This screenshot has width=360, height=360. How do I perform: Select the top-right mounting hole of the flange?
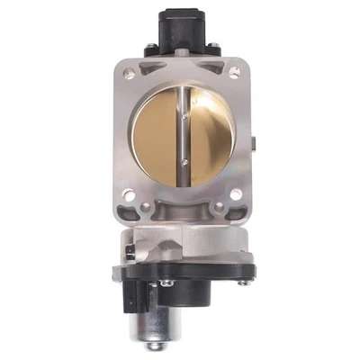coord(236,68)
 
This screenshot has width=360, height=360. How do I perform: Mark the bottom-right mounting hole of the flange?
coord(235,192)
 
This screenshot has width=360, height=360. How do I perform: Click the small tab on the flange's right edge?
coord(254,139)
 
